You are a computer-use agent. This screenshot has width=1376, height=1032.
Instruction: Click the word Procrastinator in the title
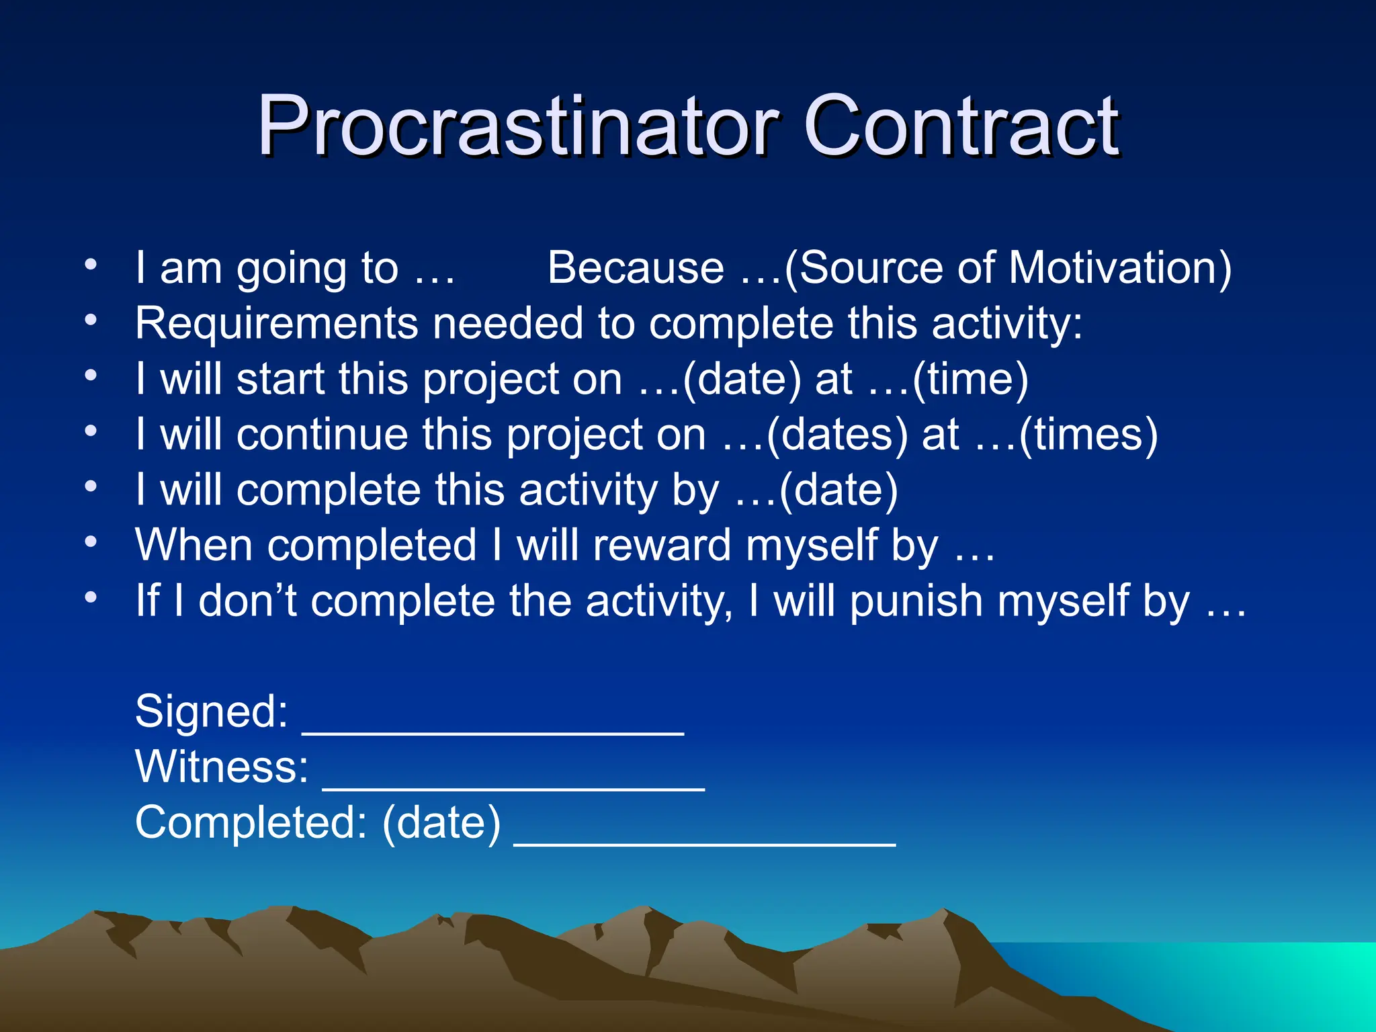click(x=517, y=126)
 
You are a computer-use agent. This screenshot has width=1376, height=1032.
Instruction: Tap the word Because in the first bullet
click(x=636, y=268)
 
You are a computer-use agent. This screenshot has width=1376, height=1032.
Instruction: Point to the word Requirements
click(x=275, y=324)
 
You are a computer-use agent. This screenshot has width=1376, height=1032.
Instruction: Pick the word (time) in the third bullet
click(x=970, y=379)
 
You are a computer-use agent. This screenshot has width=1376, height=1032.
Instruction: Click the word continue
click(x=322, y=435)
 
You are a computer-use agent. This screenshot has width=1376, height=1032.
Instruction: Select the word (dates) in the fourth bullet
click(x=836, y=435)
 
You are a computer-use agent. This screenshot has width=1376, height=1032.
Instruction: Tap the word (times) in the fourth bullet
click(x=1088, y=435)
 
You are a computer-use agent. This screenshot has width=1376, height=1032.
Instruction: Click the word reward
click(x=661, y=545)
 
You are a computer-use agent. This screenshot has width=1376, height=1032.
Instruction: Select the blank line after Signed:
click(x=493, y=729)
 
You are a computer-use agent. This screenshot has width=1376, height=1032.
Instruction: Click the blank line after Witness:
click(x=514, y=785)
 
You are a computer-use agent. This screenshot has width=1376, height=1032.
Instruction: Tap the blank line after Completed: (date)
click(x=705, y=840)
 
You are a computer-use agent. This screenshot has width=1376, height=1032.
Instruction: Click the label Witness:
click(x=222, y=767)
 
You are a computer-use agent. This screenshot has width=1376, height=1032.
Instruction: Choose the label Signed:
click(x=212, y=712)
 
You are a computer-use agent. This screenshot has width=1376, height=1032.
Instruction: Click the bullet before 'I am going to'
click(x=91, y=264)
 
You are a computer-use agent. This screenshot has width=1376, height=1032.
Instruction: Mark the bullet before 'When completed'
click(x=91, y=541)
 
